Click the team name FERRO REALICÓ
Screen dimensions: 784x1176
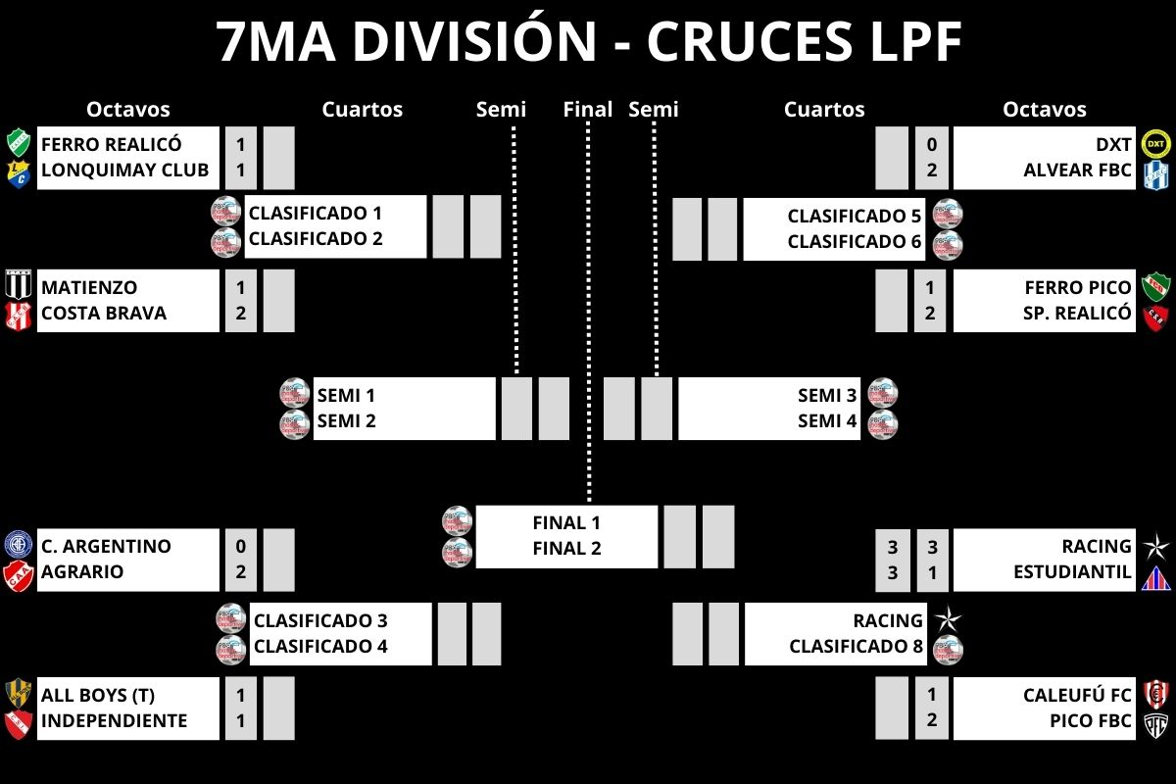(111, 145)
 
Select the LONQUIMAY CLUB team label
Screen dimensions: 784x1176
(124, 170)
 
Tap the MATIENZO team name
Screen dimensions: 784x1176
(89, 288)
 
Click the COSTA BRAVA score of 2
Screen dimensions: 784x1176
(240, 314)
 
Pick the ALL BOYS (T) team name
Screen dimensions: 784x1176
(98, 696)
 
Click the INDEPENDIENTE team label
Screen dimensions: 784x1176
(114, 721)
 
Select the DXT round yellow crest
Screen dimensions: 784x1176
(1156, 144)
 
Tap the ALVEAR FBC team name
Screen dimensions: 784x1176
(1078, 171)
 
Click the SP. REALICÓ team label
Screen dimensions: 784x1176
(1078, 314)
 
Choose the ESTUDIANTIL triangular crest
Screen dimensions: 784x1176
(1156, 577)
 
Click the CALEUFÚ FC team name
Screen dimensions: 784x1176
(1077, 696)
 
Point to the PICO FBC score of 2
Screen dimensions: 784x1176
(931, 721)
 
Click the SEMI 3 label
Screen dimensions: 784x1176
(827, 396)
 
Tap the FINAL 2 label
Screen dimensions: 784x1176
(566, 549)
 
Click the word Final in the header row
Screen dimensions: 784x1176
(588, 110)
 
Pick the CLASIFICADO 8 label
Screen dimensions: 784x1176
(856, 647)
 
